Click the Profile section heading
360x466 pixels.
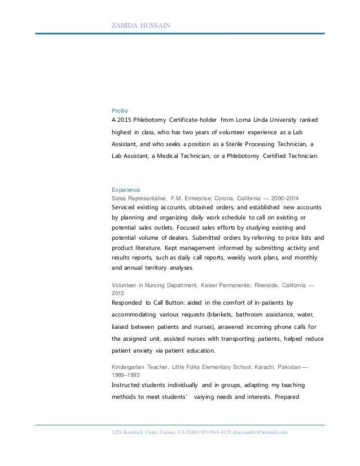(x=120, y=111)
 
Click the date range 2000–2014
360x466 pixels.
(x=286, y=199)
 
